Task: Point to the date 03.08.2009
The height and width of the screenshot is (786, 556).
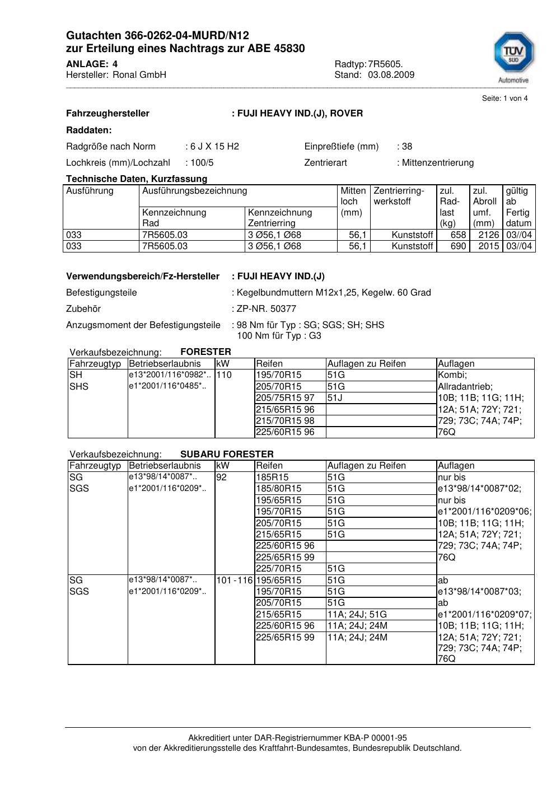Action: tap(391, 74)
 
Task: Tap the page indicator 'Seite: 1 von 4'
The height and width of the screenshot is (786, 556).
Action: tap(504, 99)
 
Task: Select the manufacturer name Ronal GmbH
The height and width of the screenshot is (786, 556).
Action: tap(139, 74)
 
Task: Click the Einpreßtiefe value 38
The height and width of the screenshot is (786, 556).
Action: tap(407, 147)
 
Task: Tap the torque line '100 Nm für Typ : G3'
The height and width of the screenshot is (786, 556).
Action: tap(279, 336)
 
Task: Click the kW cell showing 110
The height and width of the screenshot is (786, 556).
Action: tap(224, 375)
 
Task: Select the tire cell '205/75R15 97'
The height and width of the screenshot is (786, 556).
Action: tap(285, 398)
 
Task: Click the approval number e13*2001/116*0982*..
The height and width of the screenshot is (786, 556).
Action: tap(169, 375)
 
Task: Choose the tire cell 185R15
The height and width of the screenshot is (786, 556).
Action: tap(272, 478)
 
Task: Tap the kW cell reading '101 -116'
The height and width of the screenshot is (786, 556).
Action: tap(235, 581)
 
